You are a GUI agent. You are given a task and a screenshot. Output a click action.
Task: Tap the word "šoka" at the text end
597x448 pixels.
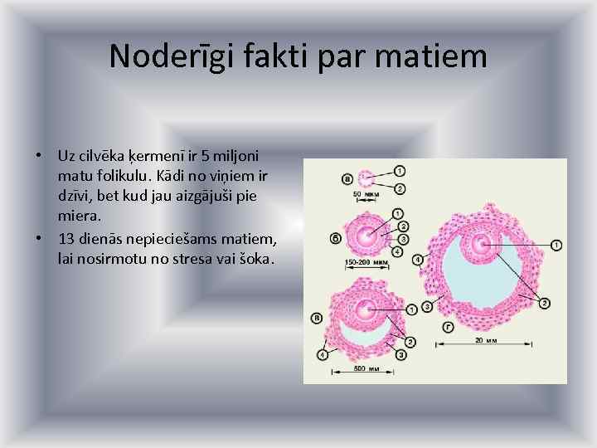pyautogui.click(x=256, y=260)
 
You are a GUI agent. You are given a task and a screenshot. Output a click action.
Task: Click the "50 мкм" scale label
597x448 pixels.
pyautogui.click(x=366, y=195)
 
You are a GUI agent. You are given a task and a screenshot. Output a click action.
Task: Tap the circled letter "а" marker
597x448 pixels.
pyautogui.click(x=347, y=178)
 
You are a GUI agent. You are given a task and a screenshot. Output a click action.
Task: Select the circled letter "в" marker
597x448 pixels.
pyautogui.click(x=317, y=317)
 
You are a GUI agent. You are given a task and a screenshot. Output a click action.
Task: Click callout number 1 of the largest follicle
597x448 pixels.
pyautogui.click(x=556, y=245)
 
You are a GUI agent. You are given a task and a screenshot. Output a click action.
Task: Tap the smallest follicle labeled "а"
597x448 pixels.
pyautogui.click(x=365, y=178)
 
